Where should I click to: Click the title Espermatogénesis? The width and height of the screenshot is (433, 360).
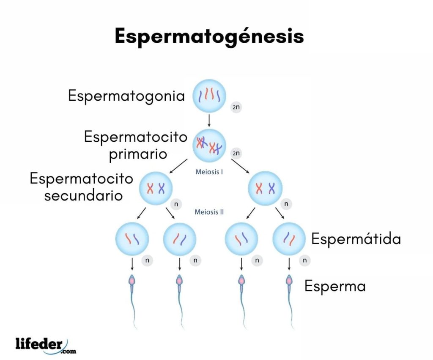[x=209, y=36]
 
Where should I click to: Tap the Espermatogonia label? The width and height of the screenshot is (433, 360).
[x=126, y=96]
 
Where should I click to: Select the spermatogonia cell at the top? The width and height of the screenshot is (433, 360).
[x=209, y=96]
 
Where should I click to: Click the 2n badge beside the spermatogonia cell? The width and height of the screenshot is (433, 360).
[x=236, y=107]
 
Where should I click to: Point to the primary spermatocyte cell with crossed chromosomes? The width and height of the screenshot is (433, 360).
[x=209, y=145]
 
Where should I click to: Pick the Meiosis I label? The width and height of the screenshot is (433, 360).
[x=209, y=172]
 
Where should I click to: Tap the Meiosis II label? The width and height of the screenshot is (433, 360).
[x=209, y=212]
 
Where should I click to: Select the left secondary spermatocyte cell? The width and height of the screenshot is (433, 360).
[x=156, y=188]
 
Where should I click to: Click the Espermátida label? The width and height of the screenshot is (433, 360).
[x=356, y=239]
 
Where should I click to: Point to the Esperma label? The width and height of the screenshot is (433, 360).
[x=335, y=286]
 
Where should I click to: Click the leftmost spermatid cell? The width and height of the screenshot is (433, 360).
[x=132, y=239]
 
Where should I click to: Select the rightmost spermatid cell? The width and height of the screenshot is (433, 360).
[x=289, y=239]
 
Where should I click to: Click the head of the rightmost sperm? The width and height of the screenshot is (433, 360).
[x=289, y=280]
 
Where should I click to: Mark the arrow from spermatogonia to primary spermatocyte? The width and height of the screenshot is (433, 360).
[x=209, y=121]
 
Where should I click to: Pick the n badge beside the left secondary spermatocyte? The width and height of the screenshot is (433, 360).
[x=176, y=204]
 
